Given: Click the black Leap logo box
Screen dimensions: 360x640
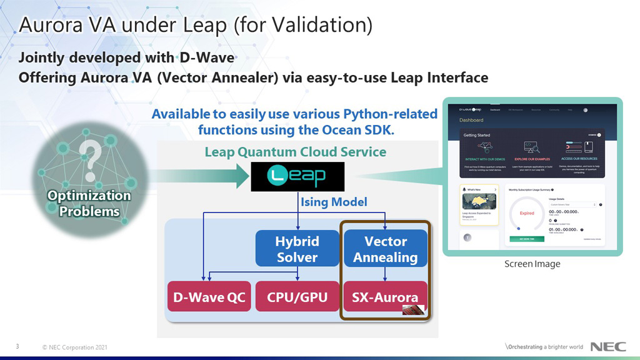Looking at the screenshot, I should click(297, 176).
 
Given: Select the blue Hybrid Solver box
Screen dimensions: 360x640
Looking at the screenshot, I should click(297, 249).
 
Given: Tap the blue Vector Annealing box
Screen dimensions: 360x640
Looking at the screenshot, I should click(385, 249).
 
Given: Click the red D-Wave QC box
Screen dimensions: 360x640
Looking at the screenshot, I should click(209, 297).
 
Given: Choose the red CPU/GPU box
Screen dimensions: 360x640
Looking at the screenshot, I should click(297, 297).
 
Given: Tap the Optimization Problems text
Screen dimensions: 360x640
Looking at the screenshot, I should click(89, 204).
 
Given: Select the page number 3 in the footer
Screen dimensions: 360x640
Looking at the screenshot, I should click(17, 347).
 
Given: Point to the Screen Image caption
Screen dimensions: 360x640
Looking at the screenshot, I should click(532, 264).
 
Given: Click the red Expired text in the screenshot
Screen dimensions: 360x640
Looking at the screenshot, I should click(527, 213).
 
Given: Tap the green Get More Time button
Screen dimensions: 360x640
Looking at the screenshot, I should click(527, 239).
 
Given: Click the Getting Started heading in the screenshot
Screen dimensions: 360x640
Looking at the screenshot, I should click(476, 134).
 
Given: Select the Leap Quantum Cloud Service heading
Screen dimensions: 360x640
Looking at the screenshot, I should click(295, 152).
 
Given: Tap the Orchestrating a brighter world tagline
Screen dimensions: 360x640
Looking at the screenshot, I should click(544, 347).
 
